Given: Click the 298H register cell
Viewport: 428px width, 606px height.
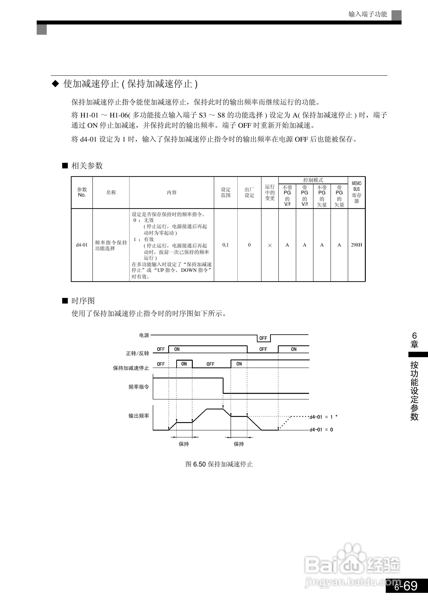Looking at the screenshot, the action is pyautogui.click(x=356, y=245).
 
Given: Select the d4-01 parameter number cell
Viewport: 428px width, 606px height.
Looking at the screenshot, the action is pyautogui.click(x=82, y=245).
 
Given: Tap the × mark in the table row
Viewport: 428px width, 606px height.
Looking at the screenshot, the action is pyautogui.click(x=270, y=245).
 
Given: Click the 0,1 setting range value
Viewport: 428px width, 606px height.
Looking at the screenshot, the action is pyautogui.click(x=226, y=245).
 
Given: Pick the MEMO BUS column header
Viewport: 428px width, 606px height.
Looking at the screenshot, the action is pyautogui.click(x=356, y=192).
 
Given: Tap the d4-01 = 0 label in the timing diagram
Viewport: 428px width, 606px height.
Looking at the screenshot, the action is pyautogui.click(x=321, y=430).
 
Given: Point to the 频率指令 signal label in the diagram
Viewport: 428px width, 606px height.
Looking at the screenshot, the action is pyautogui.click(x=139, y=387).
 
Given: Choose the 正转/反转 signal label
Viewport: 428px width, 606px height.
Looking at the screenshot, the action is pyautogui.click(x=137, y=353).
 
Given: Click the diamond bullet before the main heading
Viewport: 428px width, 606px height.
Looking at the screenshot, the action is pyautogui.click(x=55, y=84).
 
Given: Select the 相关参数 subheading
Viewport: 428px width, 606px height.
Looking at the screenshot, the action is pyautogui.click(x=87, y=166).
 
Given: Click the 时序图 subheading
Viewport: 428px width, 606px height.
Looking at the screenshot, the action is pyautogui.click(x=83, y=301).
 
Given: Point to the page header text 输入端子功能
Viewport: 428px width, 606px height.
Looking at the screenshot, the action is pyautogui.click(x=368, y=14).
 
